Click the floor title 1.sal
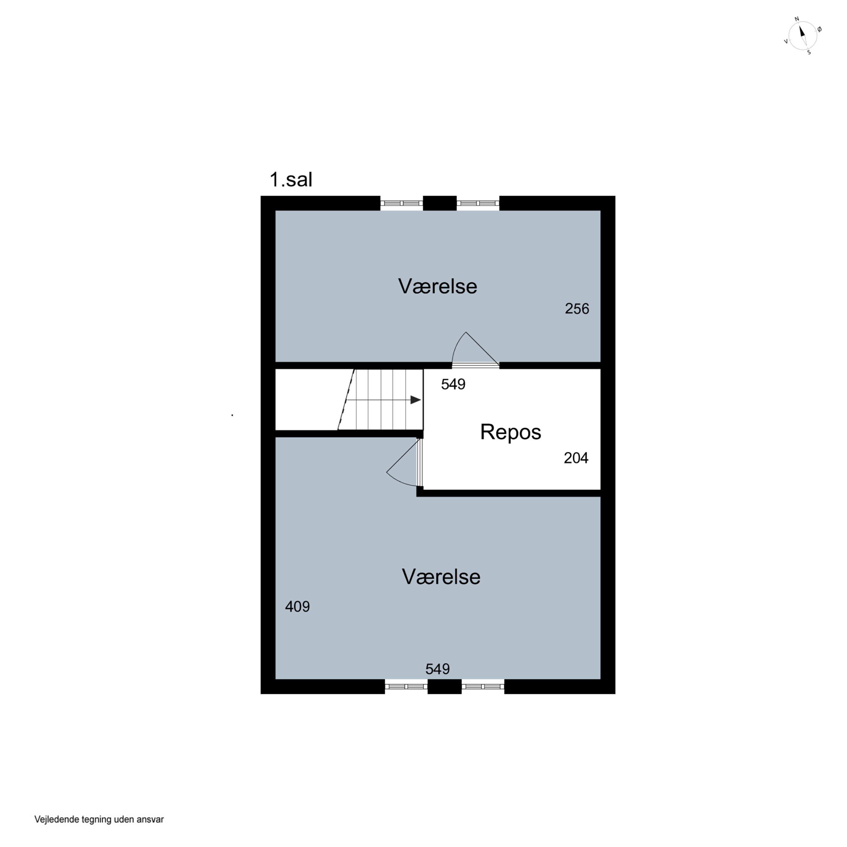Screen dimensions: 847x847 [291, 179]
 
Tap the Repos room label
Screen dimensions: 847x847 [511, 432]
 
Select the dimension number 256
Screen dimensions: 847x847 [577, 309]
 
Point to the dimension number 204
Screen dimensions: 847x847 [576, 458]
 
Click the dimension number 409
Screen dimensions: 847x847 [297, 606]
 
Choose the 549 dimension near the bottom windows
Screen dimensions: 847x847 [438, 669]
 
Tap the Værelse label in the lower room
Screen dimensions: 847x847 [441, 577]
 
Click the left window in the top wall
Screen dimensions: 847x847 [401, 203]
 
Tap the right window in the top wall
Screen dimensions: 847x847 [478, 203]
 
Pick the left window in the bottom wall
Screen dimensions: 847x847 [406, 687]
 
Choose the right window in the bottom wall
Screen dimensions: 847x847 [483, 687]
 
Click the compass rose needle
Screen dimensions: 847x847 [803, 36]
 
